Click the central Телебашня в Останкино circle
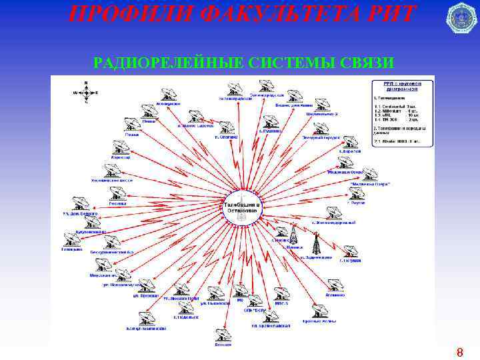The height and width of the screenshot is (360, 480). [242, 209]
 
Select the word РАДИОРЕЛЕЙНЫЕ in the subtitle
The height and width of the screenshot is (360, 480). [169, 63]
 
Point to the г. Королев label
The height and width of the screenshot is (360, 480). [349, 151]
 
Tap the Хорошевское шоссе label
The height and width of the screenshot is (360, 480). [112, 180]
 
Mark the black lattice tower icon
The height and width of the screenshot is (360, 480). [317, 243]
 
